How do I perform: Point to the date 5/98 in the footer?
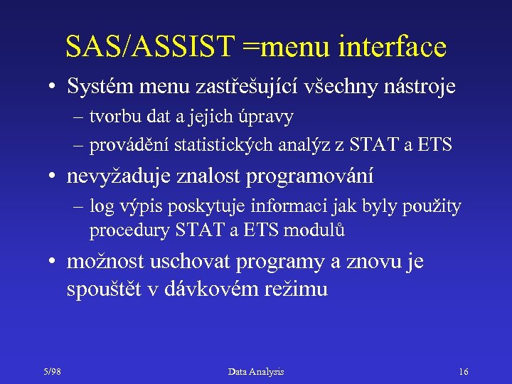[x=52, y=372]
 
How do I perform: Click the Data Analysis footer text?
[x=256, y=372]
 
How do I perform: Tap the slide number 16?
[x=464, y=372]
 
